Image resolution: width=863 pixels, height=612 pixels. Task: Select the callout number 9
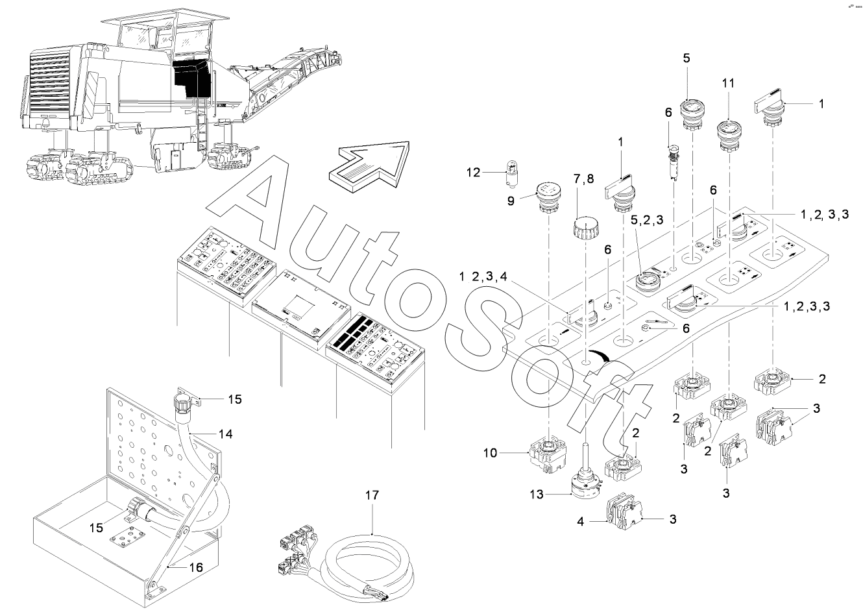511,201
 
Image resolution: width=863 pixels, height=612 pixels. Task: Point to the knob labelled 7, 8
584,228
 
